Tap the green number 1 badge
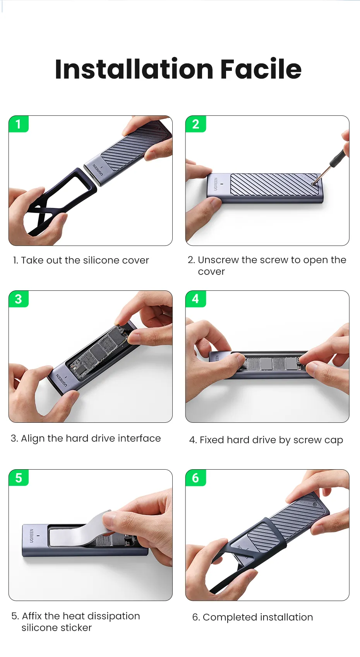click(x=19, y=124)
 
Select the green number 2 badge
click(x=195, y=124)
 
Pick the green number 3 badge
click(x=19, y=299)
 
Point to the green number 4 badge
click(x=195, y=299)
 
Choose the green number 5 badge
click(x=19, y=478)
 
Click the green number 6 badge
click(x=195, y=478)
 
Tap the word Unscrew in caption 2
click(x=218, y=260)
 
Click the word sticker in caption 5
click(x=76, y=628)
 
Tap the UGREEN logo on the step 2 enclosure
click(x=216, y=184)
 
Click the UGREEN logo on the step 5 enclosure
click(x=31, y=536)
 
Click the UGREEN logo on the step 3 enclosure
click(x=62, y=380)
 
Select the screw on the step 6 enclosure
click(x=315, y=505)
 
